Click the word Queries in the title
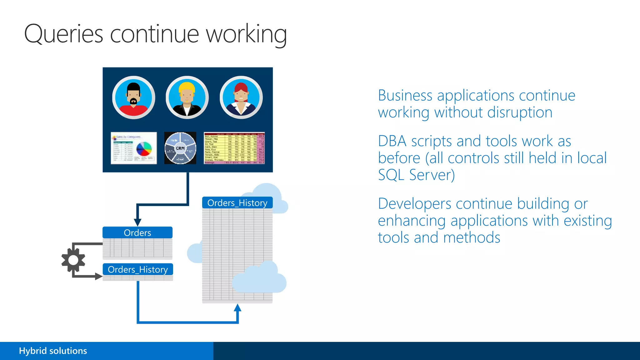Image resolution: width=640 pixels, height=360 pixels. pos(63,34)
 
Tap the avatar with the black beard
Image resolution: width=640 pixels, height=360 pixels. pos(134,97)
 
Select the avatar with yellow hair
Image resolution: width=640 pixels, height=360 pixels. pos(187,97)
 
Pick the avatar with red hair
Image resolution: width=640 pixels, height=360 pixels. pos(241,97)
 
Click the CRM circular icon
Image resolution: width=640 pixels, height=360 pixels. pos(180,148)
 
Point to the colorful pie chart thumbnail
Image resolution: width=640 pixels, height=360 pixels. pos(134,148)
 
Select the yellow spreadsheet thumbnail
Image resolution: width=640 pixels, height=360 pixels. pos(234,148)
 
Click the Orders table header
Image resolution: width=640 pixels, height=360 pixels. pos(137,233)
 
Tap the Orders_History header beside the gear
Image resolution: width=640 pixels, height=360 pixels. pos(137,269)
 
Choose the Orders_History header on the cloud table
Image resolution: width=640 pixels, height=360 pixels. pos(237,203)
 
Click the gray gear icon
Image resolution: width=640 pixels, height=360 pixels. pos(73,260)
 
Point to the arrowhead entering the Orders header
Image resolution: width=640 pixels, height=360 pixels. pos(137,222)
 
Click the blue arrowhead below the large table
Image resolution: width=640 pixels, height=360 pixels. pos(237,308)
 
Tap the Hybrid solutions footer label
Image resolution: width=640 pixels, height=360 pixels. pos(53,351)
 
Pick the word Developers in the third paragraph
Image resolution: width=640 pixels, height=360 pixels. pos(414,204)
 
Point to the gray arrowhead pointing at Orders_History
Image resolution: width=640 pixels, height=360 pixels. pos(99,277)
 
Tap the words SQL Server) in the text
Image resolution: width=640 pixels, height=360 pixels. pos(416,175)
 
